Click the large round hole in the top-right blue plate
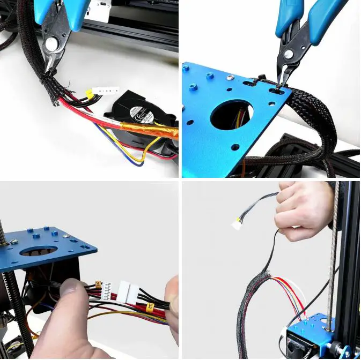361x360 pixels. (231, 115)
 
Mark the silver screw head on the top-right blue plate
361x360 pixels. (230, 78)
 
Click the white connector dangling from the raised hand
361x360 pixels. (237, 224)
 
